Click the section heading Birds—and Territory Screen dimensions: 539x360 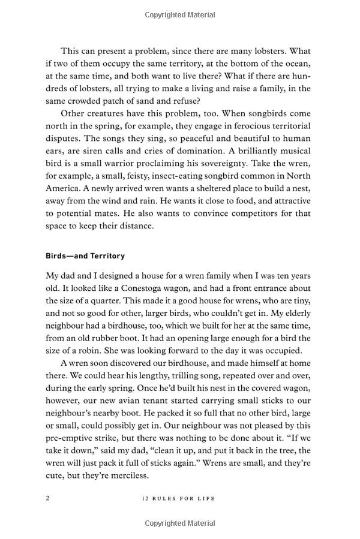click(x=85, y=256)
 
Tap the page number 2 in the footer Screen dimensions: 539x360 click(x=48, y=498)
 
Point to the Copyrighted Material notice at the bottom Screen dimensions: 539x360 click(x=179, y=523)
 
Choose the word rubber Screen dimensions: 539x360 click(x=118, y=338)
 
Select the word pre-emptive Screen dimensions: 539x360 click(x=72, y=439)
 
